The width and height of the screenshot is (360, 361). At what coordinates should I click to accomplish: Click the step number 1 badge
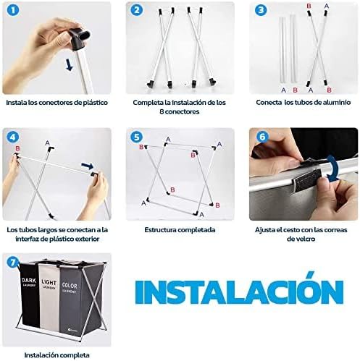(x=12, y=11)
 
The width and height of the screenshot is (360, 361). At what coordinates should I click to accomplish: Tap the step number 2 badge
(x=136, y=11)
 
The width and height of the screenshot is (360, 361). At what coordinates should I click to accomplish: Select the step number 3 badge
(x=261, y=10)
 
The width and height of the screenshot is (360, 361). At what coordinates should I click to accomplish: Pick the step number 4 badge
(x=12, y=137)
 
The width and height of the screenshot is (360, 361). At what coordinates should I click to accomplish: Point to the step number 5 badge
(x=136, y=137)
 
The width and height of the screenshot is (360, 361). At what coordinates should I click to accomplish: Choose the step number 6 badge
(x=262, y=137)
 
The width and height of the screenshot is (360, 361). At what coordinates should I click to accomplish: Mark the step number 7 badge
(x=13, y=262)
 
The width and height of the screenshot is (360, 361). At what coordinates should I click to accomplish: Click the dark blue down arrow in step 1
(x=70, y=65)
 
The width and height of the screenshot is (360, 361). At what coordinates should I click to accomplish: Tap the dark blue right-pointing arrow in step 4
(x=88, y=166)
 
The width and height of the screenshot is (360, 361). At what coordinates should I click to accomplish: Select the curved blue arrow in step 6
(x=333, y=166)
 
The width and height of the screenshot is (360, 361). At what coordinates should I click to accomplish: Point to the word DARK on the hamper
(x=29, y=280)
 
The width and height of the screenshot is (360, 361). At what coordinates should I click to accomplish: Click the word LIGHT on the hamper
(x=49, y=282)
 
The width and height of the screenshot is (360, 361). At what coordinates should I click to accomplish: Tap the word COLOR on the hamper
(x=70, y=286)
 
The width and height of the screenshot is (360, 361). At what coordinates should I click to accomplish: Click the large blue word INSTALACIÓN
(x=239, y=289)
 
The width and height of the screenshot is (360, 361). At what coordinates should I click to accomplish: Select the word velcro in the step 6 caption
(x=301, y=239)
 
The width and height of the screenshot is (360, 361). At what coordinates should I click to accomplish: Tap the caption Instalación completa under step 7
(x=56, y=355)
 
